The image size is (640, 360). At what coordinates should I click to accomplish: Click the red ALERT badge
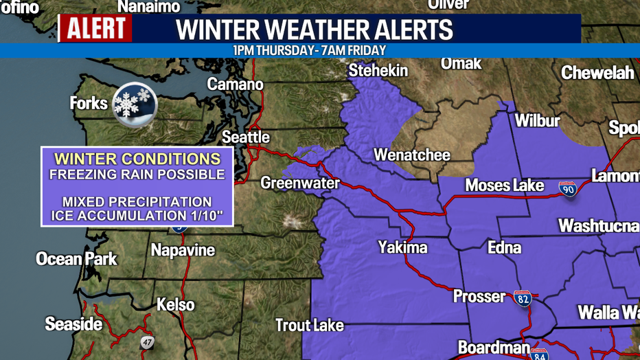click(95, 28)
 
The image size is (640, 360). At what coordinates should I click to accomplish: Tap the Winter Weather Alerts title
click(315, 30)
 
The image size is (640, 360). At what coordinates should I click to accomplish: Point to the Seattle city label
click(245, 137)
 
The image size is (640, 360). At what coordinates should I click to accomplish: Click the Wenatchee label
click(412, 155)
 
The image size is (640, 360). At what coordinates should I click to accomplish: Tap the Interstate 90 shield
click(567, 188)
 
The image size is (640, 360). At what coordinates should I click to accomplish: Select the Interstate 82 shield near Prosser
click(523, 298)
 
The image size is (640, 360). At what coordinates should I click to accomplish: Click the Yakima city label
click(402, 247)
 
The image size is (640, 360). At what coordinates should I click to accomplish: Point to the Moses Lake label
click(505, 185)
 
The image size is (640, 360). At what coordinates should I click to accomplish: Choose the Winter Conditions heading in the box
click(137, 159)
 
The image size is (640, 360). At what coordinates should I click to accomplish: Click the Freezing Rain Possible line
click(137, 174)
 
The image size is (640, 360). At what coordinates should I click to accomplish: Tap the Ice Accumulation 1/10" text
click(137, 216)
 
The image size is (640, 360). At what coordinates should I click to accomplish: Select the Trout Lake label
click(310, 325)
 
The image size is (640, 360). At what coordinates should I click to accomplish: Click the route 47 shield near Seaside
click(148, 342)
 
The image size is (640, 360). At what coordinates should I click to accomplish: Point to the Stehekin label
click(378, 71)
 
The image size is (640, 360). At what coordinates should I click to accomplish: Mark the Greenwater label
click(300, 183)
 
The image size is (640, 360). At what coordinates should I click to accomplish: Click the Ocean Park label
click(76, 259)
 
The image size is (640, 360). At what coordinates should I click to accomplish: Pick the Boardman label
click(494, 348)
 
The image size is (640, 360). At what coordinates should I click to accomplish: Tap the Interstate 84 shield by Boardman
click(539, 354)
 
